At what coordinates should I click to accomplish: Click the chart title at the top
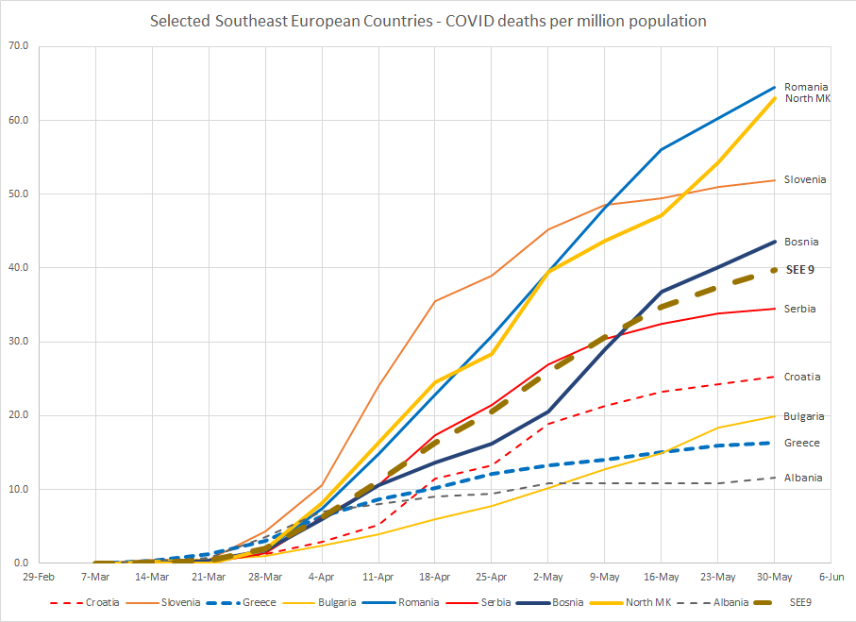428,21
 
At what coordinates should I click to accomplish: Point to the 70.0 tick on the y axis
18,46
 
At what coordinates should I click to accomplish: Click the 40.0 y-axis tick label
18,268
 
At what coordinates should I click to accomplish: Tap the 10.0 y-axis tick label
18,490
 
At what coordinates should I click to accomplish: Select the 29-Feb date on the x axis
39,576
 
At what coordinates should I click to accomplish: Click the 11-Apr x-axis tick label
378,576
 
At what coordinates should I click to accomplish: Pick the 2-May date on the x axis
548,576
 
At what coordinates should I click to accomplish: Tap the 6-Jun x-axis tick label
831,576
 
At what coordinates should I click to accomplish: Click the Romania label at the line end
806,87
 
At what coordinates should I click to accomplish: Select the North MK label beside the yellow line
808,98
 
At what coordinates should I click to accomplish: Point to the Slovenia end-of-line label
805,179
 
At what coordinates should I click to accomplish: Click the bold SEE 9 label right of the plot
800,269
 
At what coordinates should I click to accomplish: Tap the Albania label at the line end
803,478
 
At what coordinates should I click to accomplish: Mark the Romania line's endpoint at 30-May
775,88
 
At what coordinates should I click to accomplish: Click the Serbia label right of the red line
800,310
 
